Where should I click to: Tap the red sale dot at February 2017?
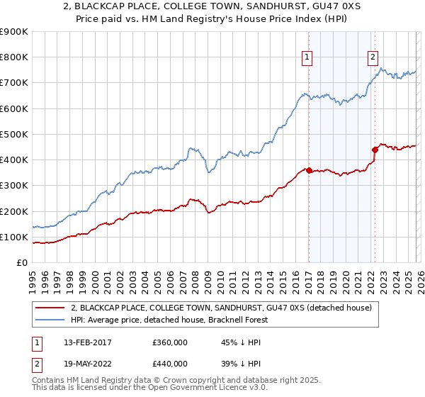310,170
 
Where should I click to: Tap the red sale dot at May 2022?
375,150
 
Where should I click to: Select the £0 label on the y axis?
21,262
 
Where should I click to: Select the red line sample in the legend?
50,308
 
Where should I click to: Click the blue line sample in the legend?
50,320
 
